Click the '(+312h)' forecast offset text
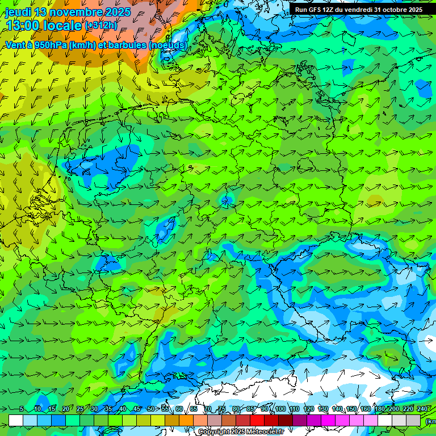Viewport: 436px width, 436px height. tap(100, 26)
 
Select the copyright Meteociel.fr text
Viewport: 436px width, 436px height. tap(241, 432)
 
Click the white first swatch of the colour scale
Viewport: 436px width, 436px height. tap(16, 420)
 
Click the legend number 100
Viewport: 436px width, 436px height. tap(280, 409)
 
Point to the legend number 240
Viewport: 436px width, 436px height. tap(422, 409)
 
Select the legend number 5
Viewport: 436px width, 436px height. tap(22, 409)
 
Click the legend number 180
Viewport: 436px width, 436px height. tap(379, 409)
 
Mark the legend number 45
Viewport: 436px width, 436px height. tap(137, 409)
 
